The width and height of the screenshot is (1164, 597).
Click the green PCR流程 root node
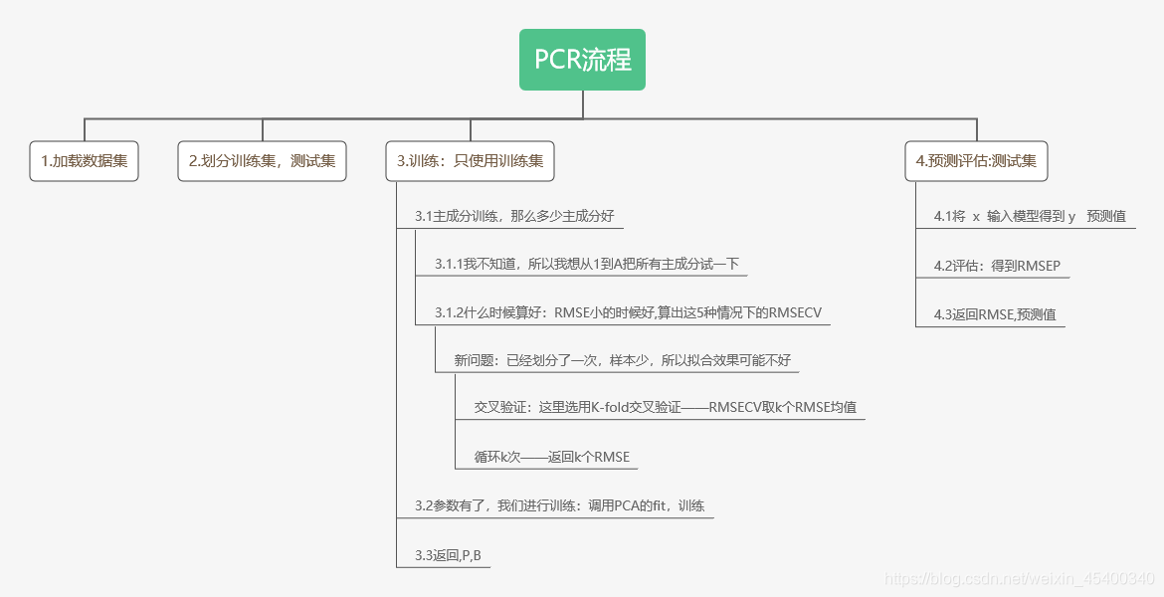pos(582,60)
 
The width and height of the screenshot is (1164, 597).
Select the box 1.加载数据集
pos(84,161)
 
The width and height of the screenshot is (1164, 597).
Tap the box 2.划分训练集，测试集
pos(262,161)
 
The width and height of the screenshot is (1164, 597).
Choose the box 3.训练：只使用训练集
pos(470,161)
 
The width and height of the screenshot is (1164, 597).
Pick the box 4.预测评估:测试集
pos(976,161)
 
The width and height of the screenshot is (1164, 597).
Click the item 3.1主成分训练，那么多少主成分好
pos(519,216)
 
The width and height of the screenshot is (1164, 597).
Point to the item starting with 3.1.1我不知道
pos(586,264)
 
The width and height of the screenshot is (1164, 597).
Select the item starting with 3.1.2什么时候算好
pos(628,312)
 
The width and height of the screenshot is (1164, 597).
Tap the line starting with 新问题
pos(623,360)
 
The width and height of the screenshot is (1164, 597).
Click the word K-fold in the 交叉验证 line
pos(615,407)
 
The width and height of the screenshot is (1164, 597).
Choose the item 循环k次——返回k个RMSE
pos(551,457)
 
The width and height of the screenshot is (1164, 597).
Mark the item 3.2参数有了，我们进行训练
pos(559,505)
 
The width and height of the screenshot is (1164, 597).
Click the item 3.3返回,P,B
pos(448,554)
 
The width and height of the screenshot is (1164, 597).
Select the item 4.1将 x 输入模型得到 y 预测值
pos(1029,216)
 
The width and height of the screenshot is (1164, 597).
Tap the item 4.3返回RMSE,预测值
pos(994,314)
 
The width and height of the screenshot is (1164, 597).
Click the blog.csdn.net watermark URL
pos(1019,578)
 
